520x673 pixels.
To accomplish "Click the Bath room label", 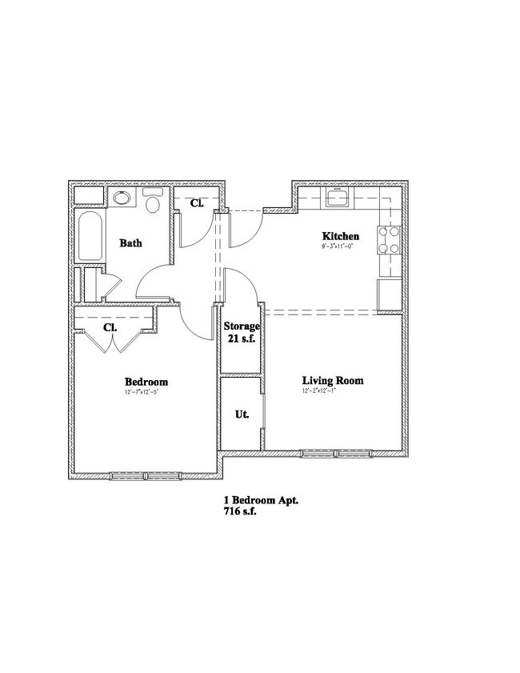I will [x=131, y=242].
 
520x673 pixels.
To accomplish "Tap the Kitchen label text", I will [x=340, y=236].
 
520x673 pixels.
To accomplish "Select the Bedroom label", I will [x=146, y=382].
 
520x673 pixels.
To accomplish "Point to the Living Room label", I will [x=332, y=380].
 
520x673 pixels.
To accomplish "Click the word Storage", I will [x=241, y=326].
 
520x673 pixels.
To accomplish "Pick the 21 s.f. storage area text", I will [x=241, y=339].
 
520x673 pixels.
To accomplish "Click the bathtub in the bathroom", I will [x=89, y=235].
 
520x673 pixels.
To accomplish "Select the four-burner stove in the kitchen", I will [x=389, y=240].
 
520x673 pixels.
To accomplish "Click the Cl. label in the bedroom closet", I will [x=110, y=328].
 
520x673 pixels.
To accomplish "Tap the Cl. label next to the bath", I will [x=196, y=203].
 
